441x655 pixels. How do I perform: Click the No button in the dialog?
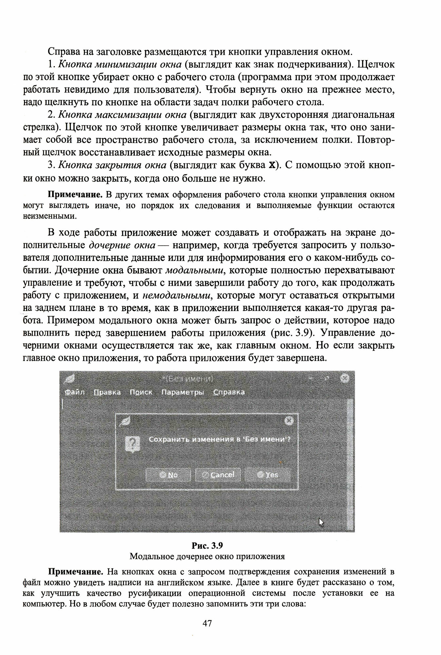click(168, 475)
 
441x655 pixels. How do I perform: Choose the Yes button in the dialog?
click(268, 475)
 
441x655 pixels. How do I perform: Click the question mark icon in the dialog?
click(133, 443)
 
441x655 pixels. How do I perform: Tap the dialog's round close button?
click(288, 421)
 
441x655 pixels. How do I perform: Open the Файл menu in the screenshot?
click(75, 392)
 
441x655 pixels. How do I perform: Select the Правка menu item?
click(107, 392)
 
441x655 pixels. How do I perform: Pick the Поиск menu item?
click(141, 392)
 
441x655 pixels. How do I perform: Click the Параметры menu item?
click(182, 392)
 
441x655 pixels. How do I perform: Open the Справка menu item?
click(229, 392)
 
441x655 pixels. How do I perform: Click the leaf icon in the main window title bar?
click(70, 379)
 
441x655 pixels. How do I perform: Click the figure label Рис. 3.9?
click(207, 546)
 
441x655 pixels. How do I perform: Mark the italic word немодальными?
click(176, 295)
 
